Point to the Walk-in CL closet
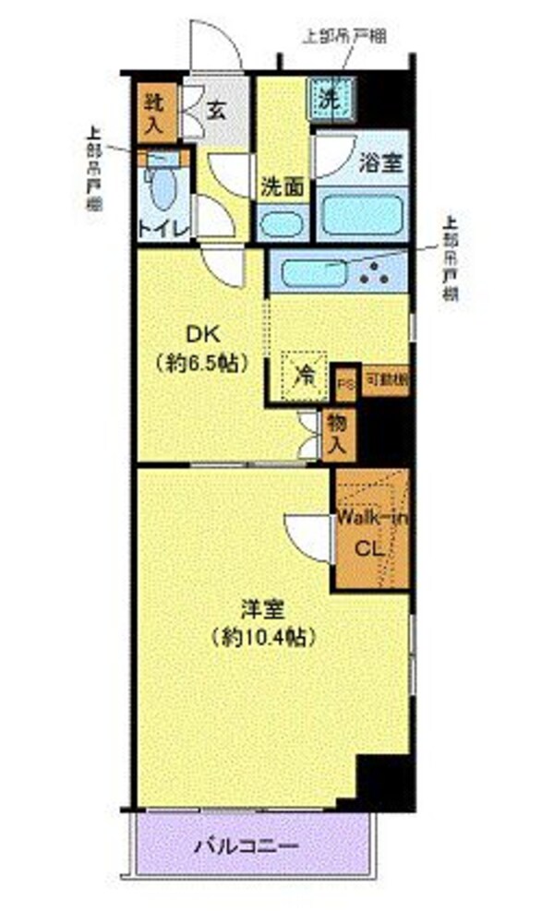371,533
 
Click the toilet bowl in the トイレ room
164,188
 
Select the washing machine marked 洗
330,94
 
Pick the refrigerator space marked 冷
304,375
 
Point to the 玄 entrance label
215,111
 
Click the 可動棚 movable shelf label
385,378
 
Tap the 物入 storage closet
338,433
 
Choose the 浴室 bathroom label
379,162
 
